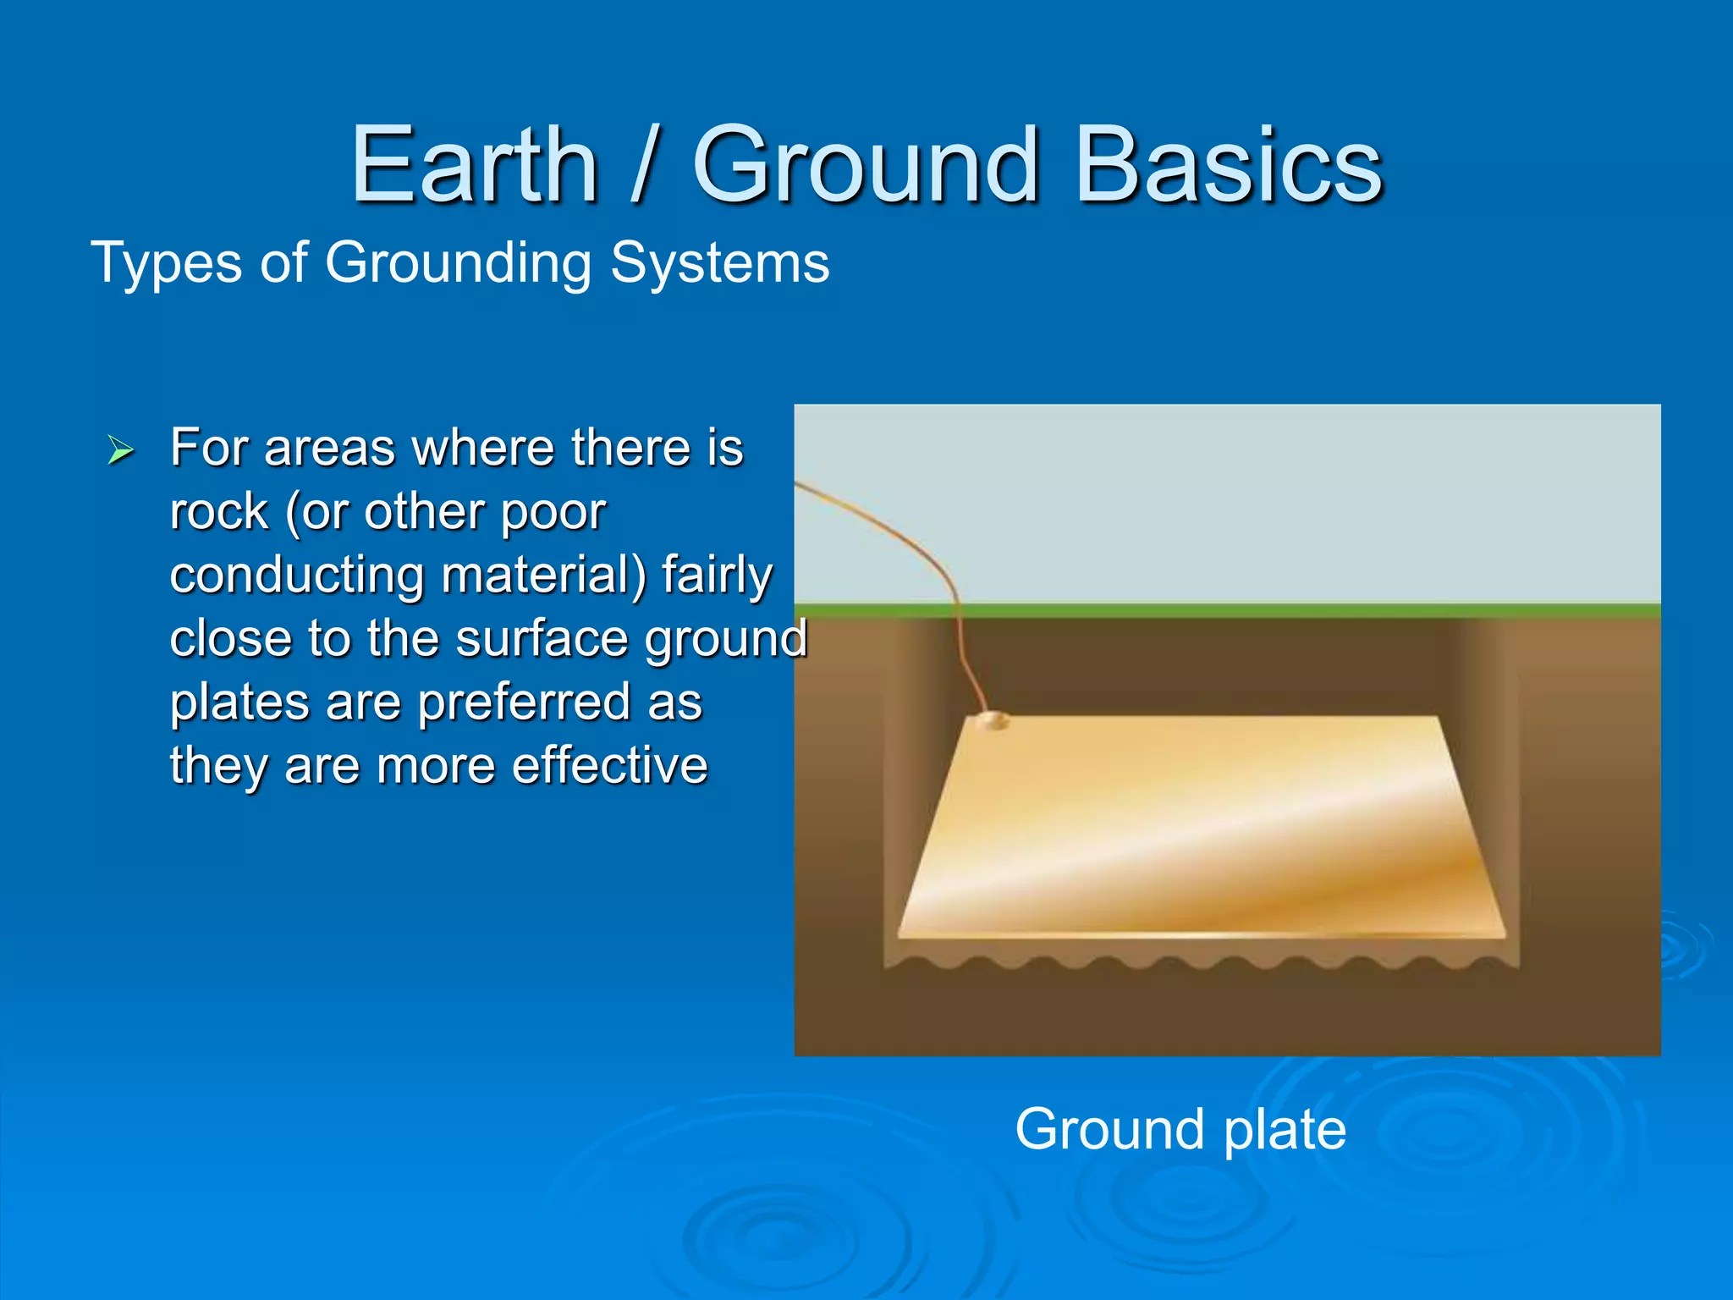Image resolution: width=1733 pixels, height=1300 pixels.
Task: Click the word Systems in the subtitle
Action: [x=719, y=262]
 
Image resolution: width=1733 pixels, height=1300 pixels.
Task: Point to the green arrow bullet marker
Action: [x=121, y=450]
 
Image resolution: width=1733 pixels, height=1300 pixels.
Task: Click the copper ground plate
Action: [x=1202, y=829]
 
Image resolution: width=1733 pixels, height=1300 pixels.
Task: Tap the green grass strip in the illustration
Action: [x=1269, y=610]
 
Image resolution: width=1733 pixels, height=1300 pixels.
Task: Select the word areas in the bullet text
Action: [x=329, y=449]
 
